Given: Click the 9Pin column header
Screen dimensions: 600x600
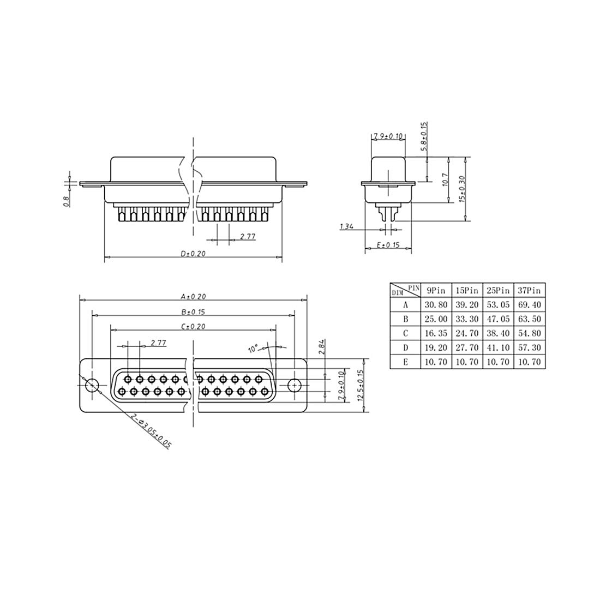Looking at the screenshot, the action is pyautogui.click(x=436, y=291).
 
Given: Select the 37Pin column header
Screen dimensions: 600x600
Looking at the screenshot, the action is pyautogui.click(x=529, y=291).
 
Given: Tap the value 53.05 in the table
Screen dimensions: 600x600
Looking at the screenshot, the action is pyautogui.click(x=498, y=305).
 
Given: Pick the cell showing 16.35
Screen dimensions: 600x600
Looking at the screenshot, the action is pyautogui.click(x=436, y=333).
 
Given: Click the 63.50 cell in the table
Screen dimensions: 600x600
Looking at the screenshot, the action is pyautogui.click(x=529, y=319).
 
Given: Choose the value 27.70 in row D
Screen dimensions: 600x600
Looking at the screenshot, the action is pyautogui.click(x=467, y=348).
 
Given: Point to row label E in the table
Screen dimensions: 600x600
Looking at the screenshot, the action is pyautogui.click(x=406, y=362).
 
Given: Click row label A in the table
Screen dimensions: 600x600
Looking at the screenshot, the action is pyautogui.click(x=406, y=305).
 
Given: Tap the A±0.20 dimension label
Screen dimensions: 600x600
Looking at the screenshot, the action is pyautogui.click(x=193, y=296).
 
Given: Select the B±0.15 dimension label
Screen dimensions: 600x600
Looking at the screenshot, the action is pyautogui.click(x=193, y=312).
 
